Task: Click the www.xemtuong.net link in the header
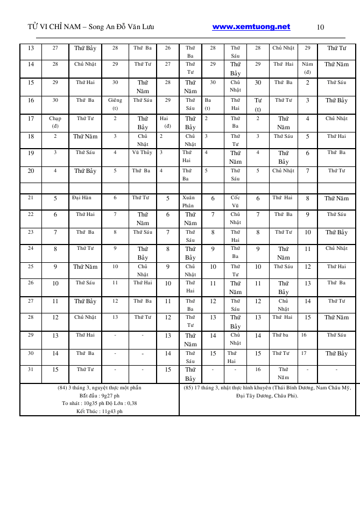(251, 27)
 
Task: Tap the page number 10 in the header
(320, 27)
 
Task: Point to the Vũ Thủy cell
(142, 152)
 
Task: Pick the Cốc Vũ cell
(235, 201)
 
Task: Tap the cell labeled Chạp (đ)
(55, 122)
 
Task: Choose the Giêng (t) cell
(115, 104)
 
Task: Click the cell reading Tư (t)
(258, 104)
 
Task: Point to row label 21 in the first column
(31, 198)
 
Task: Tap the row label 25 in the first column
(31, 266)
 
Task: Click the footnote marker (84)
(62, 388)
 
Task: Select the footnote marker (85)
(188, 388)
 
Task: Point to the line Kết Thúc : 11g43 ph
(99, 411)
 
